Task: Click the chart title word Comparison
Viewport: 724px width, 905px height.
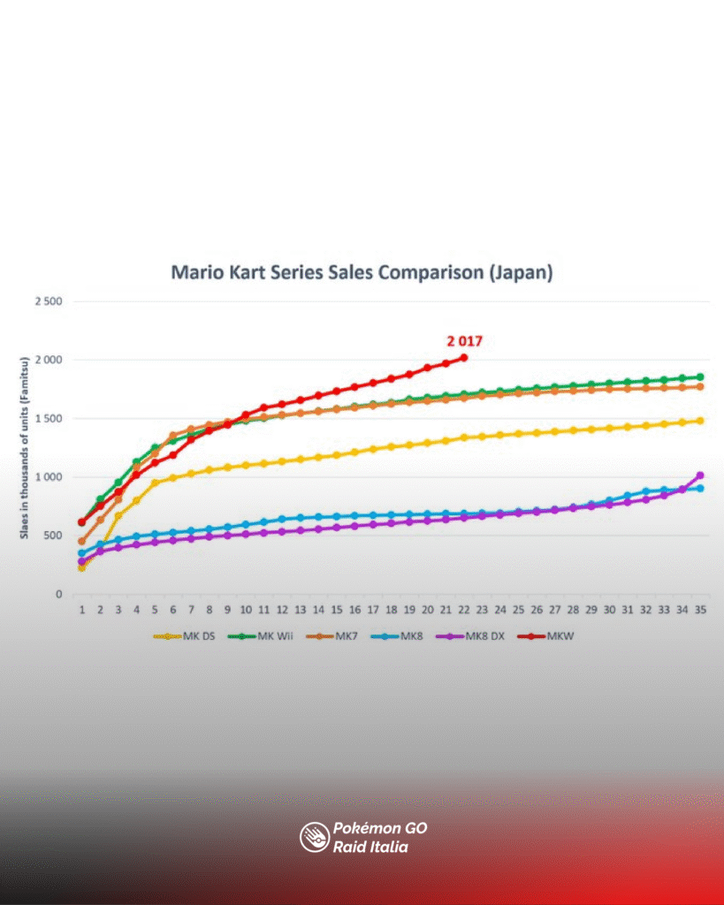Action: tap(430, 272)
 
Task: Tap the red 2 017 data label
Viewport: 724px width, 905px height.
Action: tap(464, 340)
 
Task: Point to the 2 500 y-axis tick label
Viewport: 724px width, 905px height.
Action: tap(48, 301)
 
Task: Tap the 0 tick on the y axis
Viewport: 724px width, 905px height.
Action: tap(58, 595)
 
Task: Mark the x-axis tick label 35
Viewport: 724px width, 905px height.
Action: tap(700, 610)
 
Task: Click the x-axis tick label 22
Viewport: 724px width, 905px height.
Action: tap(464, 610)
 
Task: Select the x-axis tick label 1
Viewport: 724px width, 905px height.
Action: tap(82, 610)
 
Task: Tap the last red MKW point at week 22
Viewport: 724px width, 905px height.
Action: tap(464, 357)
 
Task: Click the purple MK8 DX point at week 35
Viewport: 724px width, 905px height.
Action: tap(700, 475)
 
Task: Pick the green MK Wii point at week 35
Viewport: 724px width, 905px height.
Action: tap(700, 376)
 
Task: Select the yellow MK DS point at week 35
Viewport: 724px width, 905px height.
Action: tap(700, 421)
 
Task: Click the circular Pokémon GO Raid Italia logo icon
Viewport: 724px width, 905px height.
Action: tap(314, 837)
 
